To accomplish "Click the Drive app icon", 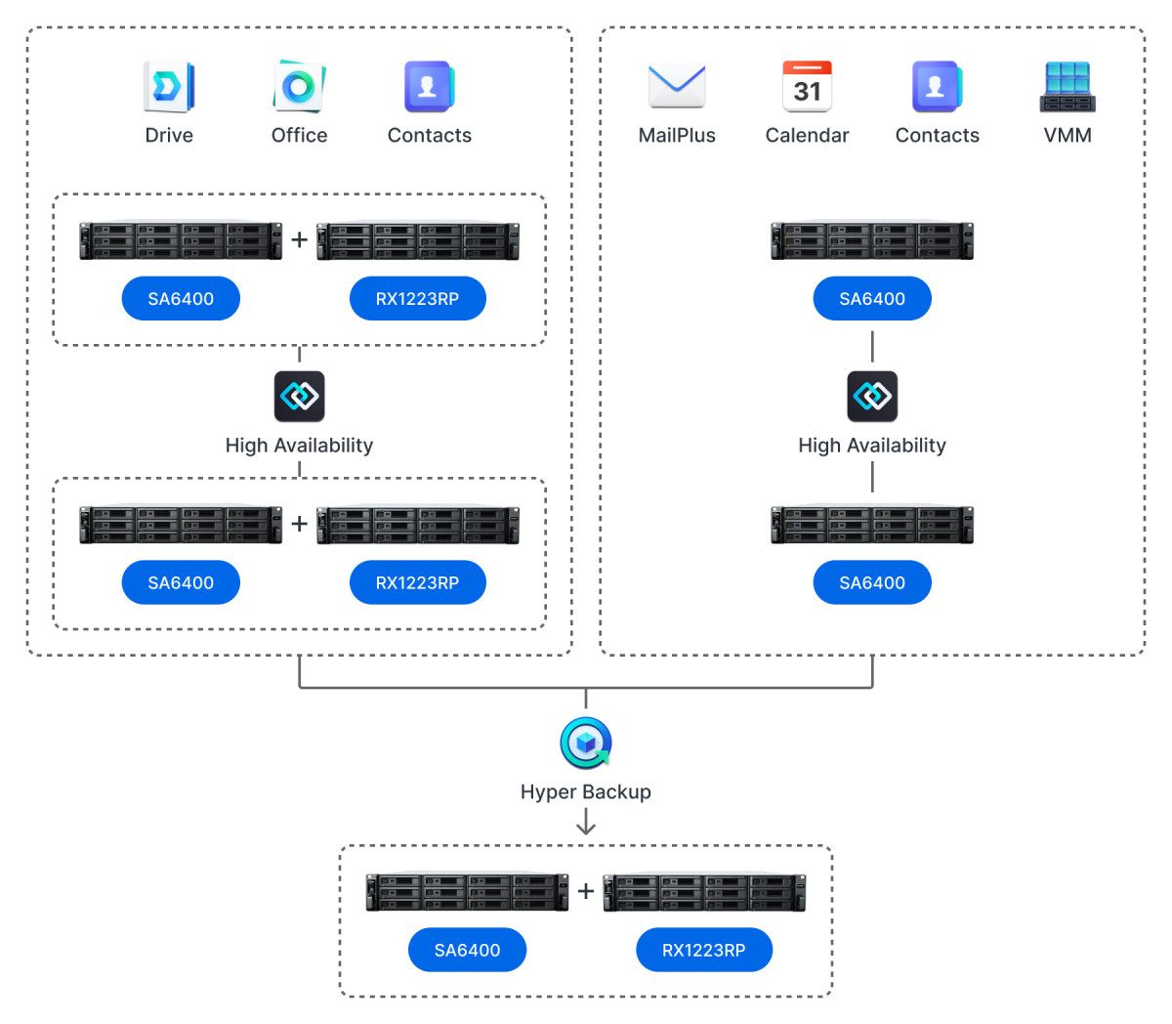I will (x=169, y=87).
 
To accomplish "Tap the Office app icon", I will (x=299, y=87).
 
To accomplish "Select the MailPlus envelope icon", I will (x=677, y=87).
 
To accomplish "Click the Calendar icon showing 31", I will (x=807, y=87).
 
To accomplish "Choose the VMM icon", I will (x=1067, y=87).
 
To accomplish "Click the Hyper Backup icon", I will (x=586, y=744).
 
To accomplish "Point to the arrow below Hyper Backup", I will (x=586, y=824).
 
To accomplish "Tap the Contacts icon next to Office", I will (x=429, y=87).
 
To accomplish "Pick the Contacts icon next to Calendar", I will (x=937, y=87).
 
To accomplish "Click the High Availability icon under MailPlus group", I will (x=872, y=397).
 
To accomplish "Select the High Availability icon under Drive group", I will (x=299, y=397).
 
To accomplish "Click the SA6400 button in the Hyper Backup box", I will (x=467, y=950).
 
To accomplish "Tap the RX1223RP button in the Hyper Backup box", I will (x=704, y=950).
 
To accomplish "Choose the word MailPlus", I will (x=677, y=135).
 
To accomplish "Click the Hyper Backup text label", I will (x=586, y=791).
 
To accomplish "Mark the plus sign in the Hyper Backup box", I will (x=586, y=891).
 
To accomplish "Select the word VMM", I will (x=1067, y=135).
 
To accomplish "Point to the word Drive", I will (x=169, y=135).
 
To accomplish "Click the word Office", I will (x=299, y=135).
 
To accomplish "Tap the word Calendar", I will (x=807, y=135).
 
